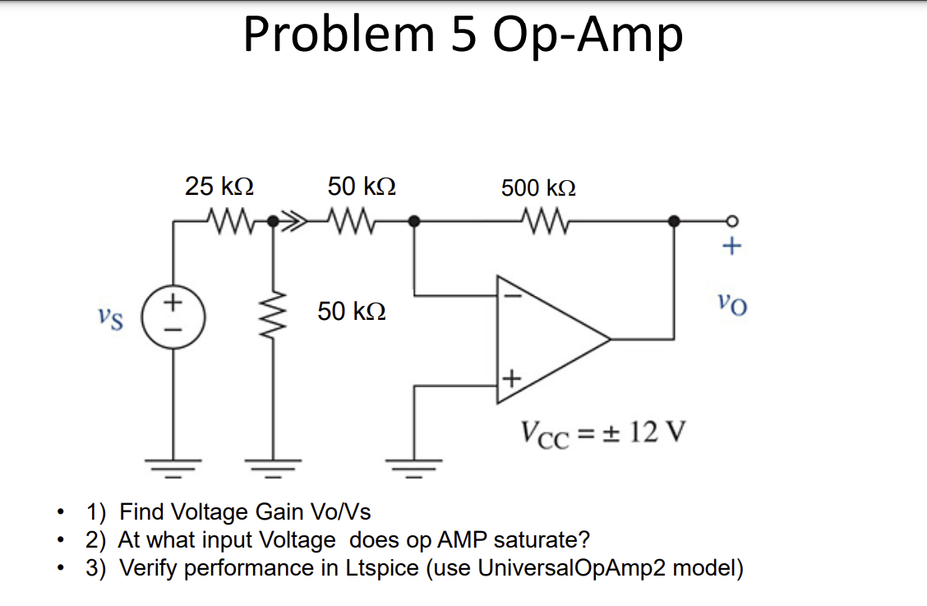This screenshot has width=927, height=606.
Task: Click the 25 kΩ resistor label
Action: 219,186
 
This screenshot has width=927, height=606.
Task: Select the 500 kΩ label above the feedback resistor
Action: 538,187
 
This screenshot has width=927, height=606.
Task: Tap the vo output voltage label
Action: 731,306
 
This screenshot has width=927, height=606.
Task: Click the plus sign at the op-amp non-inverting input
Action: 510,379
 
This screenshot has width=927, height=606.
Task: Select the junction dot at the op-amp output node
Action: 674,220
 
